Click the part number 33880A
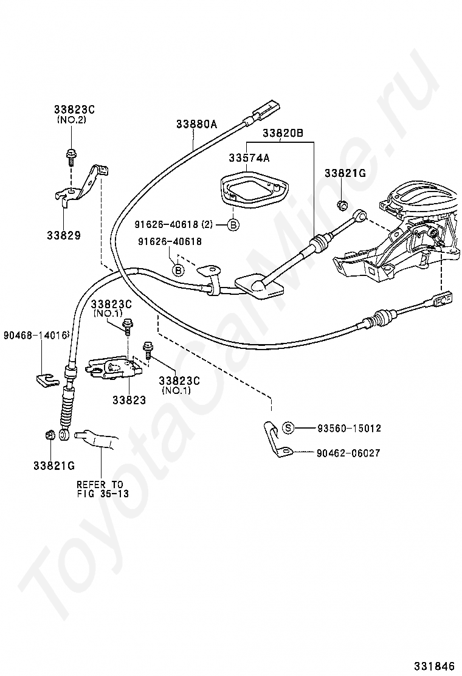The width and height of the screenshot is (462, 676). coord(196,124)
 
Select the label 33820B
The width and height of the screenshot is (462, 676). coord(283,133)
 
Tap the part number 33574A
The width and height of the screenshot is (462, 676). coord(249,158)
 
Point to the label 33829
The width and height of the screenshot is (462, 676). coord(64,235)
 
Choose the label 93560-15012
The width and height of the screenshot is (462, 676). coord(349,428)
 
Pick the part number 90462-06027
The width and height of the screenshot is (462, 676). coord(348,453)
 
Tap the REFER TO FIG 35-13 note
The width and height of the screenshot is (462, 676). coord(103,489)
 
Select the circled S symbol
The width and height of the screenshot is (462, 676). coord(288,428)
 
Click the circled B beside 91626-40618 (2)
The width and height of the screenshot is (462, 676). coord(233,224)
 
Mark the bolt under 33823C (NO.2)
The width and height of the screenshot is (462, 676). coord(70,156)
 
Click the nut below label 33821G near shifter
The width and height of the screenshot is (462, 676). coord(342,205)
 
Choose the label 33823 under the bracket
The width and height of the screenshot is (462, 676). coord(129,400)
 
